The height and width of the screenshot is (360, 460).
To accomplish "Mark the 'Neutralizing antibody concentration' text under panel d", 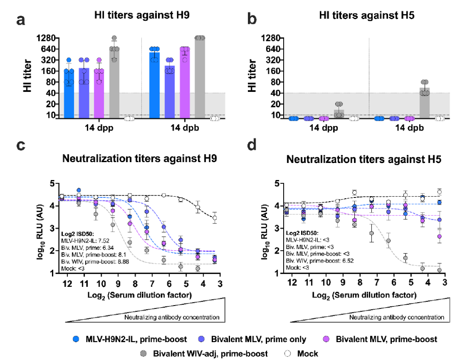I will coord(397,317).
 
